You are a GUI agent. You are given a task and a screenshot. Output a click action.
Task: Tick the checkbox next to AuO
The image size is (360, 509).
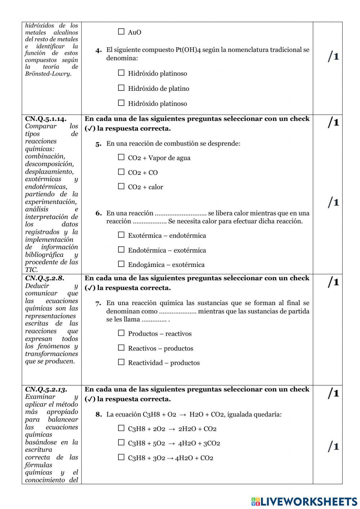[121, 32]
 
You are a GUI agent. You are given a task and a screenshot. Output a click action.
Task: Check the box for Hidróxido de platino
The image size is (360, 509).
[121, 88]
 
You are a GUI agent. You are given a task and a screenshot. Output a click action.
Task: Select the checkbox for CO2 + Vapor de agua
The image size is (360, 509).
[121, 157]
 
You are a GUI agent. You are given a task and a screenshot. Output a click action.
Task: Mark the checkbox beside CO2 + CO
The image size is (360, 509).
[121, 172]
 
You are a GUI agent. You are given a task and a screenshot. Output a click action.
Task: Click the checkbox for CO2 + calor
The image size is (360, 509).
[121, 187]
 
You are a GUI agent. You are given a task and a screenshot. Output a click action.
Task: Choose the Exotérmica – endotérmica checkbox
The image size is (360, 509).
[121, 235]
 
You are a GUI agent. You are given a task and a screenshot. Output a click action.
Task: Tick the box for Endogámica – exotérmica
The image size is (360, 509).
[121, 264]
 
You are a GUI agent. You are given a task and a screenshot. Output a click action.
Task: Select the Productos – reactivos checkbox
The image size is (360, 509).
[121, 333]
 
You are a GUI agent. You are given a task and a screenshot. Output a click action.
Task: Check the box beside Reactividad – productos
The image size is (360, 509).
[121, 362]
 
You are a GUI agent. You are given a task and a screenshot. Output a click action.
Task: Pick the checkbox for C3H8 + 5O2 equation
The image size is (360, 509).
[121, 443]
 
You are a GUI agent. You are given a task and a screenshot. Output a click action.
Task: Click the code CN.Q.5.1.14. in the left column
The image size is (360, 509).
[46, 119]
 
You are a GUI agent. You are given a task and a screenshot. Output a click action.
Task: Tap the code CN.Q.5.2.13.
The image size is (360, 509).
[46, 389]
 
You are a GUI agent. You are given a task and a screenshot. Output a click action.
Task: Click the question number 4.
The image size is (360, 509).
[99, 50]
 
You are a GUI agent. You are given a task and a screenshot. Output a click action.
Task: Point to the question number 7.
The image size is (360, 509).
[99, 303]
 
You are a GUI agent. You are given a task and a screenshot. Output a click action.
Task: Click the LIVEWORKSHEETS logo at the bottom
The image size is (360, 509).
[304, 501]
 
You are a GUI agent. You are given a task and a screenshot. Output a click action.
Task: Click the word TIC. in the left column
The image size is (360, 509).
[31, 269]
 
